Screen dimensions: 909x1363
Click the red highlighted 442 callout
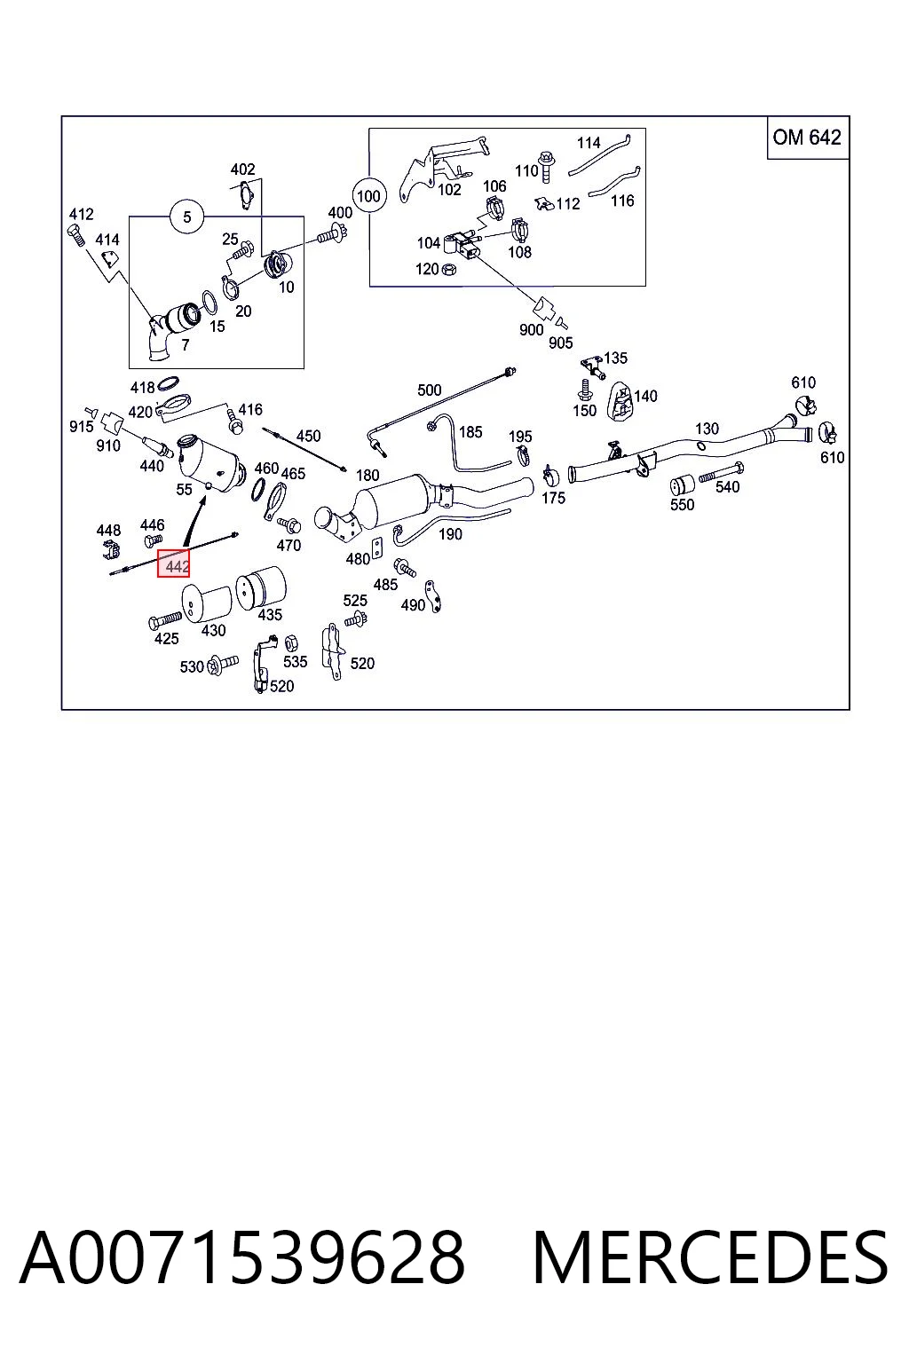click(x=173, y=563)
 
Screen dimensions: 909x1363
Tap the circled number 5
click(x=187, y=217)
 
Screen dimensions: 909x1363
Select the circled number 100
click(x=368, y=196)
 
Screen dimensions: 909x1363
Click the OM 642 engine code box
click(x=807, y=138)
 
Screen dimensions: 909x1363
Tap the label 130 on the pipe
click(x=707, y=429)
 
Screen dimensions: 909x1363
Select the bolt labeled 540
click(x=722, y=473)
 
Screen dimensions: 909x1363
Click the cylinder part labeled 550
click(x=683, y=484)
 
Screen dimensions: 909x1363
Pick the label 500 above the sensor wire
click(x=430, y=390)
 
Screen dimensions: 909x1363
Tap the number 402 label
click(x=242, y=169)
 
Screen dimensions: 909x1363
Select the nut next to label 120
click(x=449, y=268)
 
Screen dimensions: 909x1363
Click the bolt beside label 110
click(x=546, y=166)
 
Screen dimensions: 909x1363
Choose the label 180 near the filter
click(x=368, y=475)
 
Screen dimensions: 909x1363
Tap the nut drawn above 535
click(x=291, y=642)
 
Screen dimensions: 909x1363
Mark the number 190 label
click(x=450, y=533)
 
